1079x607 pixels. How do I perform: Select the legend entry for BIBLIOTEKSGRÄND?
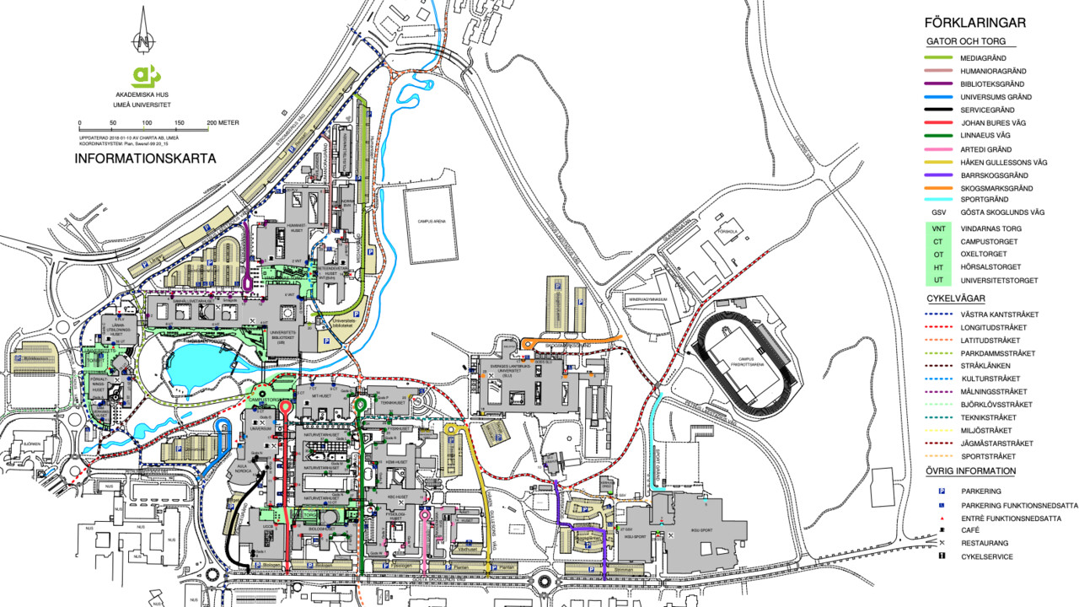[992, 84]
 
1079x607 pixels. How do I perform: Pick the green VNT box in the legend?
[937, 228]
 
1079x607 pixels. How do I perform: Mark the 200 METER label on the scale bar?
[223, 123]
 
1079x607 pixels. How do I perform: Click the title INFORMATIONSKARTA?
[146, 158]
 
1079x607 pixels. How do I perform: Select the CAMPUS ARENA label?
[431, 221]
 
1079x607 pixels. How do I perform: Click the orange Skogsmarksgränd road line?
[573, 341]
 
